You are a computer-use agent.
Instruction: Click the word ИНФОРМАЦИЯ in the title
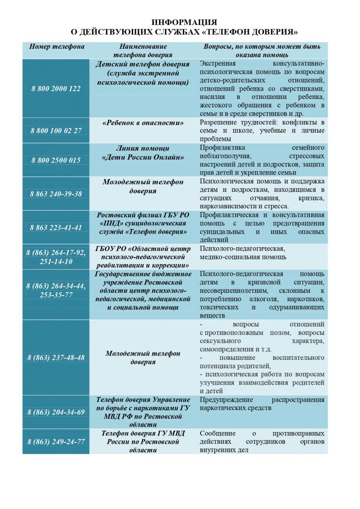185,23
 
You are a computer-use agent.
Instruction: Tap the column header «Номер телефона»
57,47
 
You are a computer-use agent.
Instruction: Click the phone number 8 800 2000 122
56,89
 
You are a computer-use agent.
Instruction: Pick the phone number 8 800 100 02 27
56,130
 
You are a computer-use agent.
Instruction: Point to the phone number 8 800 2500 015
56,160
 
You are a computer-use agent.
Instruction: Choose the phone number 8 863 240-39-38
56,194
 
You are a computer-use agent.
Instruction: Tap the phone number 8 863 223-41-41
56,228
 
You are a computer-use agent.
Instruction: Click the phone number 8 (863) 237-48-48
56,357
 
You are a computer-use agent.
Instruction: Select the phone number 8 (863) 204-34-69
56,412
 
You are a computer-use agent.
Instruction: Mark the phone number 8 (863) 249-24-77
56,441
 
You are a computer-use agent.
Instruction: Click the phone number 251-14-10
56,261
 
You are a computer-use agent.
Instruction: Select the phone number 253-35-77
56,295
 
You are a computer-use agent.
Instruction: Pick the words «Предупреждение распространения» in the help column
262,400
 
